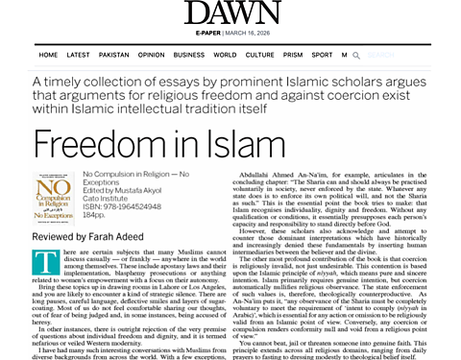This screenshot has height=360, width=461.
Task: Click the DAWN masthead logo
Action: tap(230, 14)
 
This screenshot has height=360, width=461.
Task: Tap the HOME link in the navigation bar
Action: tap(48, 56)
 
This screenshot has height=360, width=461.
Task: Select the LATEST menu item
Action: tap(79, 56)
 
